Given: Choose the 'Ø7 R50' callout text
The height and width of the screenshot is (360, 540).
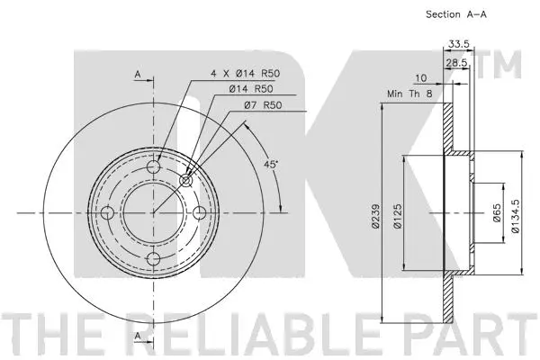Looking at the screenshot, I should tap(262, 107).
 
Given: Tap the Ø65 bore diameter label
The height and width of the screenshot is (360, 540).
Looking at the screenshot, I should tap(497, 214).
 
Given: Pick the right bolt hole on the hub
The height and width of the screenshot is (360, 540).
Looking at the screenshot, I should tap(200, 212).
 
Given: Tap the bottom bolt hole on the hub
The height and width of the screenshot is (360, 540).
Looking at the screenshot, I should tap(153, 259).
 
